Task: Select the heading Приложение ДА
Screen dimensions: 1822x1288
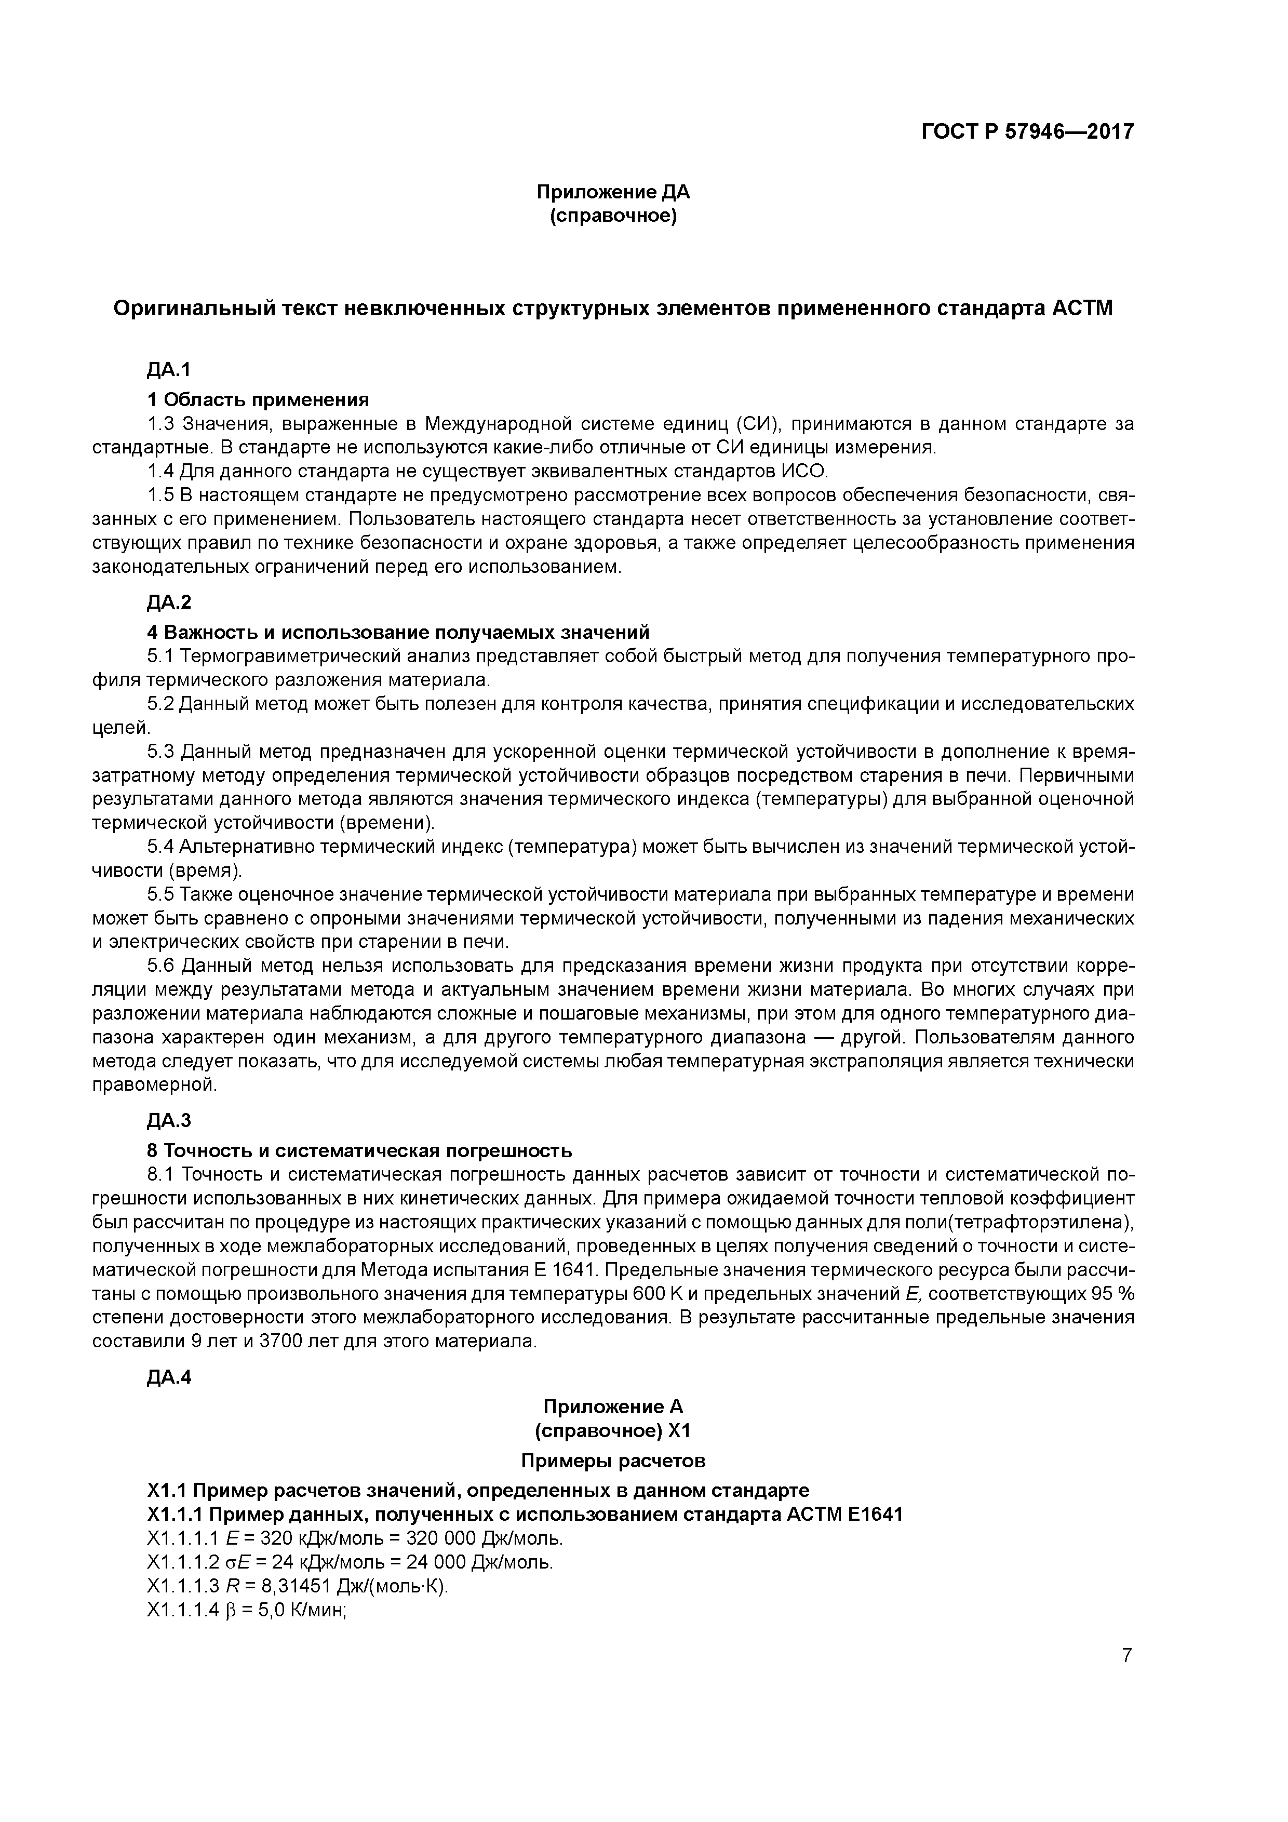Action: tap(613, 192)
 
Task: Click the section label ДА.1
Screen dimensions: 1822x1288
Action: tap(169, 370)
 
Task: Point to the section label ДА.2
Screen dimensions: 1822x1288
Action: tap(169, 602)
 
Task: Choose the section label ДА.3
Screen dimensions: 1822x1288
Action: tap(169, 1120)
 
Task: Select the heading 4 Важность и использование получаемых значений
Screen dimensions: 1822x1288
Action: tap(398, 633)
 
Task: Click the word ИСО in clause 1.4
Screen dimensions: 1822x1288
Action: tap(804, 472)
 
